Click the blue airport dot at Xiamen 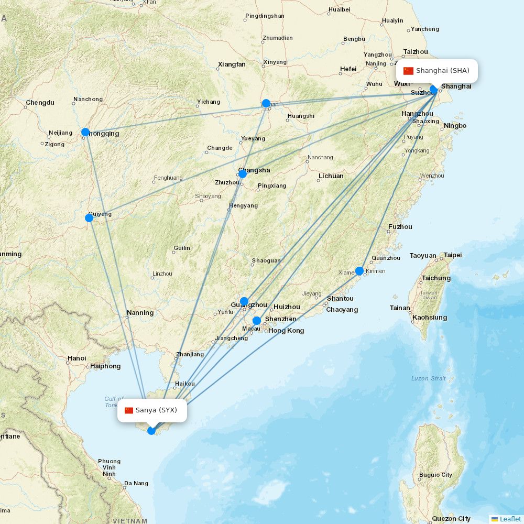click(x=359, y=271)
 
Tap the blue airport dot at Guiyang click(x=89, y=217)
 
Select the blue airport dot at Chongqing click(x=85, y=132)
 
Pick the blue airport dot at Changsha click(x=242, y=173)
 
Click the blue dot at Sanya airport click(x=151, y=431)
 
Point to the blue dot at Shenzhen click(x=257, y=321)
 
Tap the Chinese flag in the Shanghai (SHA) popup click(x=408, y=71)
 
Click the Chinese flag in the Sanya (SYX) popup click(x=129, y=410)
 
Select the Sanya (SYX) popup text click(x=156, y=410)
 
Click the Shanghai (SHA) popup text click(x=443, y=71)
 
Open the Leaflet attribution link click(x=510, y=519)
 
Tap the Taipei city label click(x=453, y=255)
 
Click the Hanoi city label click(x=77, y=358)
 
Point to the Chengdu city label click(x=40, y=102)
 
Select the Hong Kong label click(x=286, y=331)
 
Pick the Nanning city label click(x=140, y=313)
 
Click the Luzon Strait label click(x=429, y=378)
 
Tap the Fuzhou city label click(x=400, y=227)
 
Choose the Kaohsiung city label click(x=430, y=318)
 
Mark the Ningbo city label click(x=455, y=126)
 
